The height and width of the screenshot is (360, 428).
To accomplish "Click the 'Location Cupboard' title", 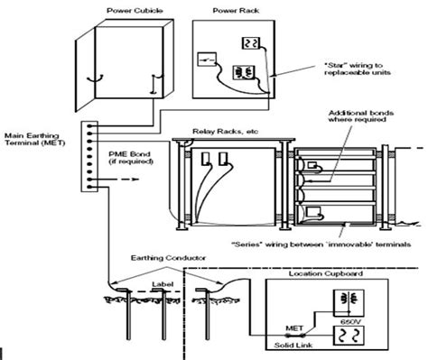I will pos(330,272).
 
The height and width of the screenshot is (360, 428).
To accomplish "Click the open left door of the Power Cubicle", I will pos(88,71).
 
